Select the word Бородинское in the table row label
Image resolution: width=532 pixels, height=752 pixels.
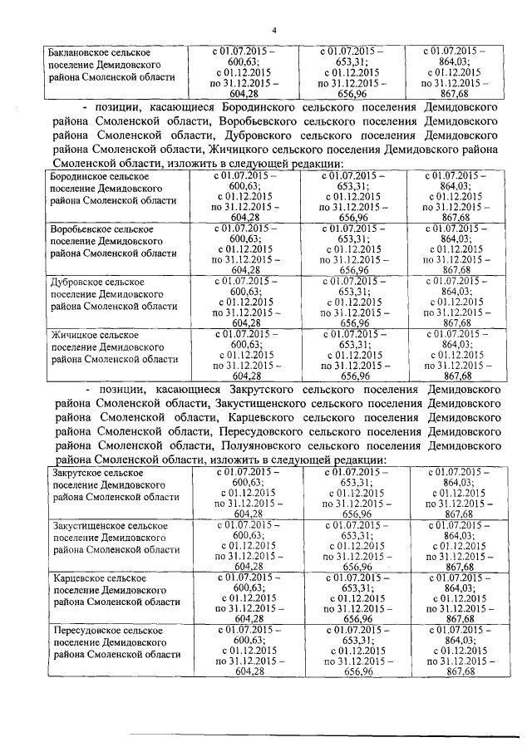(79, 177)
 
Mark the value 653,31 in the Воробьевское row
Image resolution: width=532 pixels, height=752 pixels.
(354, 238)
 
